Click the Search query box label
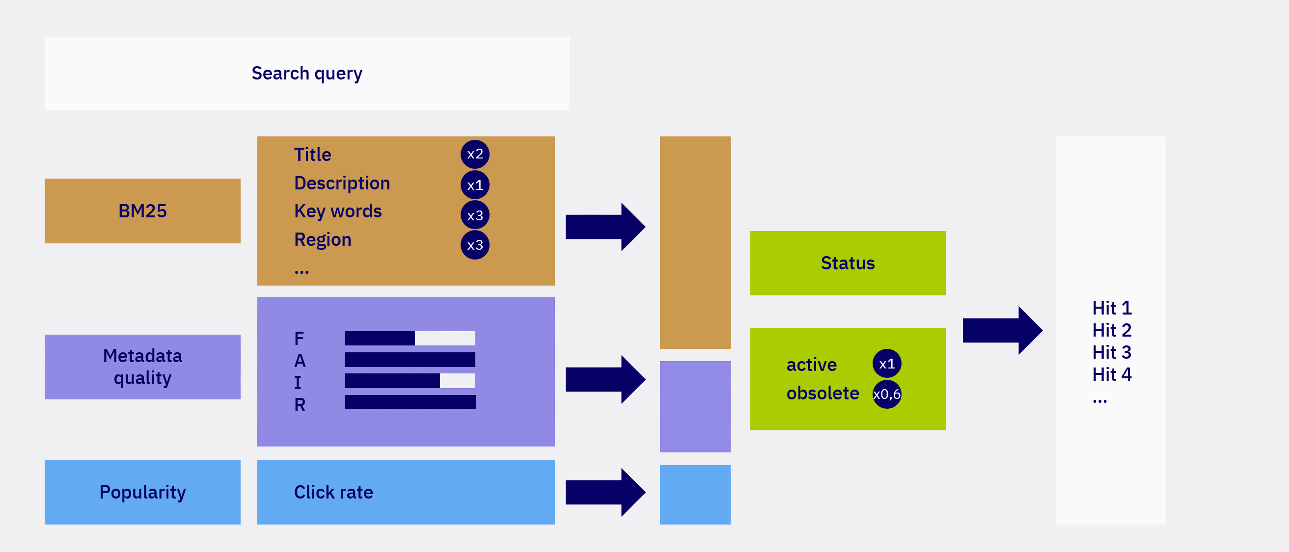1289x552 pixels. point(306,74)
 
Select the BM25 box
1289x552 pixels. point(142,211)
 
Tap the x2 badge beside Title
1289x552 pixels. point(474,154)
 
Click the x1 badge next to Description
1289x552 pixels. point(474,185)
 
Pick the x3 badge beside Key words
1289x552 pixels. point(474,215)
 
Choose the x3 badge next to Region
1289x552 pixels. point(474,245)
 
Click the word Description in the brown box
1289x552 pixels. point(342,183)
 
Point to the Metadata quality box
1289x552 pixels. point(142,367)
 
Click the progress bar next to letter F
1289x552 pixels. point(410,338)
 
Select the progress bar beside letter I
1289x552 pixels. point(410,380)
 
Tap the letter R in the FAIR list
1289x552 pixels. point(299,404)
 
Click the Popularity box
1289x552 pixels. point(142,492)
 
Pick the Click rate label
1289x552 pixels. point(333,492)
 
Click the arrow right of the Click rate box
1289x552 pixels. point(604,492)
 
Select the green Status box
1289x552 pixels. point(847,263)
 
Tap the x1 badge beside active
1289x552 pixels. point(887,364)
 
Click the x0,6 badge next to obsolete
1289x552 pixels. point(887,394)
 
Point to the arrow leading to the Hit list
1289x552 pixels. point(1002,331)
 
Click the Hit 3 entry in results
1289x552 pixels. point(1111,352)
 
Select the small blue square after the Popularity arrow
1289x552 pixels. point(694,494)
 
